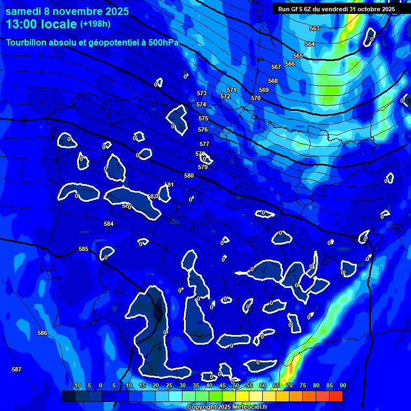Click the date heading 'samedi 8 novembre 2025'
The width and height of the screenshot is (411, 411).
pyautogui.click(x=67, y=11)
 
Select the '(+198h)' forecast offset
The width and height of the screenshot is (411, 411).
pyautogui.click(x=95, y=24)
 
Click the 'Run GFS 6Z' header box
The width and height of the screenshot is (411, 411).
pyautogui.click(x=337, y=9)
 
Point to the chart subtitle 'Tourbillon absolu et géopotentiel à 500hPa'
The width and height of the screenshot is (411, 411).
pyautogui.click(x=92, y=42)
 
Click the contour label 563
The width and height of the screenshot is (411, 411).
pyautogui.click(x=315, y=28)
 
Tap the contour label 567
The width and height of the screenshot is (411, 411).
pyautogui.click(x=276, y=67)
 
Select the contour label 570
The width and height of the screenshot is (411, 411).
pyautogui.click(x=256, y=98)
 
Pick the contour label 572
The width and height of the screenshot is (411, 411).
pyautogui.click(x=225, y=96)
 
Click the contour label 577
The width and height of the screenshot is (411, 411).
pyautogui.click(x=204, y=144)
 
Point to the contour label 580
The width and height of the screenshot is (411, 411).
pyautogui.click(x=189, y=176)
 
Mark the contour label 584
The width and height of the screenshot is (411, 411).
pyautogui.click(x=109, y=224)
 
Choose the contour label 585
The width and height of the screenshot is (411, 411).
pyautogui.click(x=83, y=249)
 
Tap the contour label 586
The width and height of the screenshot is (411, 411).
pyautogui.click(x=42, y=333)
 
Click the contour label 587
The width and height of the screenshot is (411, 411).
pyautogui.click(x=17, y=369)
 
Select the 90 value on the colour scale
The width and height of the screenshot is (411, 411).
pyautogui.click(x=342, y=385)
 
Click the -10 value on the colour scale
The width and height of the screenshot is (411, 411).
pyautogui.click(x=77, y=385)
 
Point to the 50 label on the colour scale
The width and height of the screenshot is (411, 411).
pyautogui.click(x=236, y=385)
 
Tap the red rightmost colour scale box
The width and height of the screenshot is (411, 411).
pyautogui.click(x=336, y=396)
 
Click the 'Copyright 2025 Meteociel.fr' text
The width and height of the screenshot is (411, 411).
pyautogui.click(x=227, y=407)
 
